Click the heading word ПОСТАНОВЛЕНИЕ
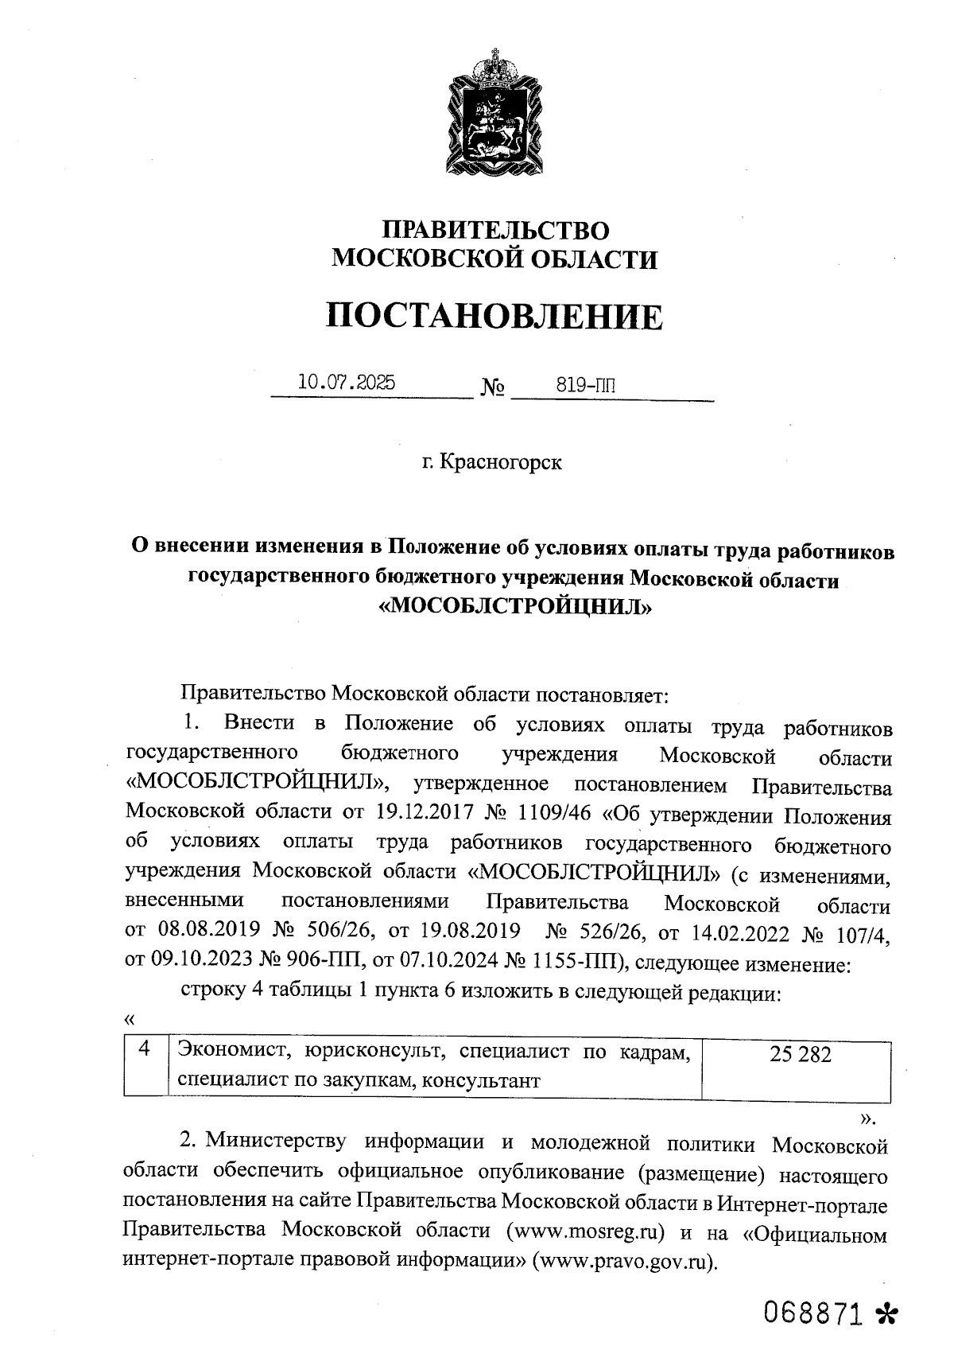point(494,317)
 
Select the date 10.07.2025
point(346,383)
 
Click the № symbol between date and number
point(493,388)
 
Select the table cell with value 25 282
point(800,1055)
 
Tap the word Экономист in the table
point(223,1052)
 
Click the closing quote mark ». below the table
point(867,1119)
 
